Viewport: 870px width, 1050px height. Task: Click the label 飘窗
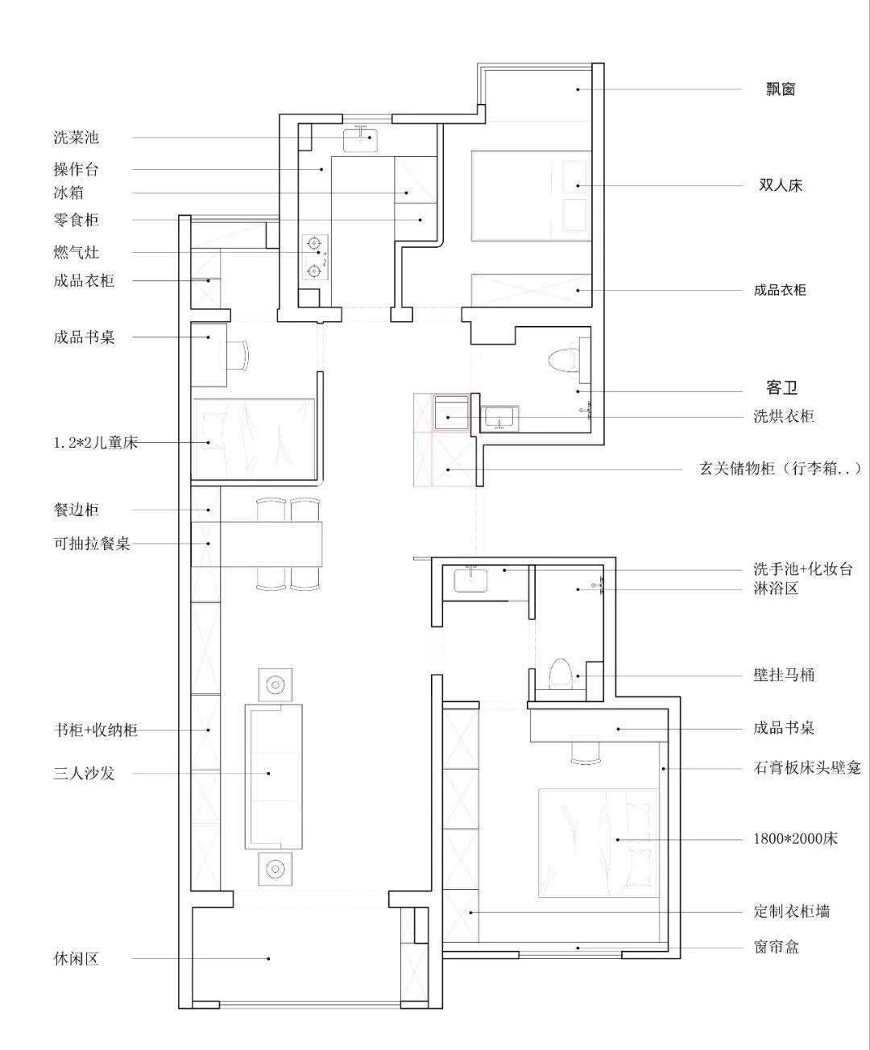coord(781,89)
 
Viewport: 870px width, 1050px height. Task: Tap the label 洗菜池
coord(76,137)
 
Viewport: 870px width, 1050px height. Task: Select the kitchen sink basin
coord(360,140)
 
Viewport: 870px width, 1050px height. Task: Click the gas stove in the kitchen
coord(315,258)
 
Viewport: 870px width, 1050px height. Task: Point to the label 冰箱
coord(68,192)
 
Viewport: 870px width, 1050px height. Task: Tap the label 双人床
coord(781,185)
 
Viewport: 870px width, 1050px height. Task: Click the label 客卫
coord(781,387)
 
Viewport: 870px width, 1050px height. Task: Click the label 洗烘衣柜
coord(784,415)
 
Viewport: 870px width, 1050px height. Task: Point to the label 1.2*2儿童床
coord(96,443)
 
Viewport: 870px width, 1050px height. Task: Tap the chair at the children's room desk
coord(237,356)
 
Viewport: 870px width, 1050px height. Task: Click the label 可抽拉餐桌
coord(92,543)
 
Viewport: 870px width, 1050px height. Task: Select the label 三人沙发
coord(84,773)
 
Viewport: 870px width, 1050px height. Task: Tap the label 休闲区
coord(76,958)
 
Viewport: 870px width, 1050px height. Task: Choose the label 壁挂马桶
coord(784,675)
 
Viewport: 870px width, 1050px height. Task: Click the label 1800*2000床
coord(795,838)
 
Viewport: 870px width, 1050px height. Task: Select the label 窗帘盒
coord(776,947)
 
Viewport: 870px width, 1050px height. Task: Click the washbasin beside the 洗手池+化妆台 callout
coord(471,580)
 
